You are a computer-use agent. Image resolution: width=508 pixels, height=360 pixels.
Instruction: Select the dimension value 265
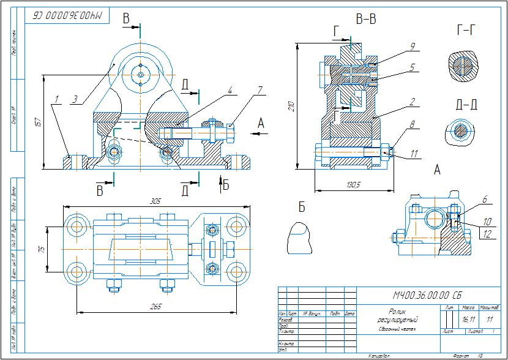[155, 306]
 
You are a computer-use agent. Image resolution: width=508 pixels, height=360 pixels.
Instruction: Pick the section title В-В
[366, 20]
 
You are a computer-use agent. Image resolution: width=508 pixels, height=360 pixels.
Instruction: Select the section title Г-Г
[467, 29]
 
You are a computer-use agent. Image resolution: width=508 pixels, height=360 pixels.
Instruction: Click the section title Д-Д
[467, 105]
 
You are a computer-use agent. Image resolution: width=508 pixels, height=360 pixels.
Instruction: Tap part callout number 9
[413, 46]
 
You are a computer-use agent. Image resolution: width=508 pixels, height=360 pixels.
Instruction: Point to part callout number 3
[74, 98]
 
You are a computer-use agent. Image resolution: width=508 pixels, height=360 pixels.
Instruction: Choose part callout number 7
[260, 90]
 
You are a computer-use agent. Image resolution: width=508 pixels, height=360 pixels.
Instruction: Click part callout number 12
[488, 234]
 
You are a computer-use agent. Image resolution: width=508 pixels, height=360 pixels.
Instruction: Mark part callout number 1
[56, 99]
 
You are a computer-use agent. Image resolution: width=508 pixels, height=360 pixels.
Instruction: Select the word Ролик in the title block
[397, 310]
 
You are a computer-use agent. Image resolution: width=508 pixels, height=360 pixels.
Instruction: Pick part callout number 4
[230, 90]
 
